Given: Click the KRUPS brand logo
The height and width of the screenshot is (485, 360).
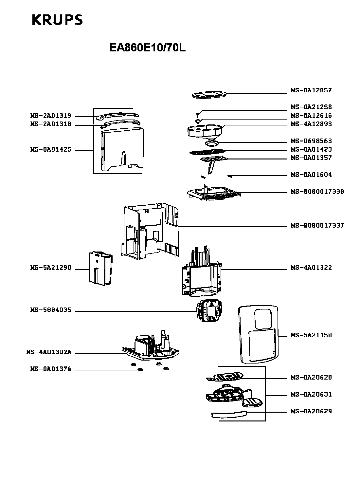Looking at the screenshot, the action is pyautogui.click(x=57, y=20).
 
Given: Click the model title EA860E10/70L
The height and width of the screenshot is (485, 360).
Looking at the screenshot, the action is pyautogui.click(x=148, y=48).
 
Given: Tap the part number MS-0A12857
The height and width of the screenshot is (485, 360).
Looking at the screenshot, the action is pyautogui.click(x=311, y=90).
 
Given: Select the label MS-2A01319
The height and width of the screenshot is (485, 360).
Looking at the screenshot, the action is pyautogui.click(x=51, y=116).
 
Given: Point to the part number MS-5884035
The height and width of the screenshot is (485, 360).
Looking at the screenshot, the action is pyautogui.click(x=51, y=310).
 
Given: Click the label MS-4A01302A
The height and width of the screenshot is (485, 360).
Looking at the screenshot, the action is pyautogui.click(x=49, y=352).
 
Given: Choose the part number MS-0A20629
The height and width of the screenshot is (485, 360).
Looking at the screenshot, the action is pyautogui.click(x=311, y=411).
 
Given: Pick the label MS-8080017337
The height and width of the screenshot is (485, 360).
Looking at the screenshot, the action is pyautogui.click(x=317, y=225).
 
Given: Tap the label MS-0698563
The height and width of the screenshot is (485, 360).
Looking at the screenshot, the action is pyautogui.click(x=311, y=141).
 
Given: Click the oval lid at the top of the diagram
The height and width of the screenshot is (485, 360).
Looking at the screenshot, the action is pyautogui.click(x=209, y=95).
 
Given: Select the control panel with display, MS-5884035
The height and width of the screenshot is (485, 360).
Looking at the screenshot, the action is pyautogui.click(x=209, y=310).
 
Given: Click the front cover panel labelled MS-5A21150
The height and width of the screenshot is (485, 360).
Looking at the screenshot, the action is pyautogui.click(x=258, y=334).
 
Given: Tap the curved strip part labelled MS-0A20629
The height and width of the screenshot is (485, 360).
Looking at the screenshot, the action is pyautogui.click(x=229, y=414).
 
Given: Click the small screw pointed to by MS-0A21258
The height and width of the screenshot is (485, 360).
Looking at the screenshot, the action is pyautogui.click(x=198, y=115).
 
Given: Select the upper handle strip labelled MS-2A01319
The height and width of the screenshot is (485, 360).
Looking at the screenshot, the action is pyautogui.click(x=117, y=116).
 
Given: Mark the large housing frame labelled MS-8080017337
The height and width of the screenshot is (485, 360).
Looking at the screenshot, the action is pyautogui.click(x=150, y=231).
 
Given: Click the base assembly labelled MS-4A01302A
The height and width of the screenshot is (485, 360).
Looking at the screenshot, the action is pyautogui.click(x=151, y=345).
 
